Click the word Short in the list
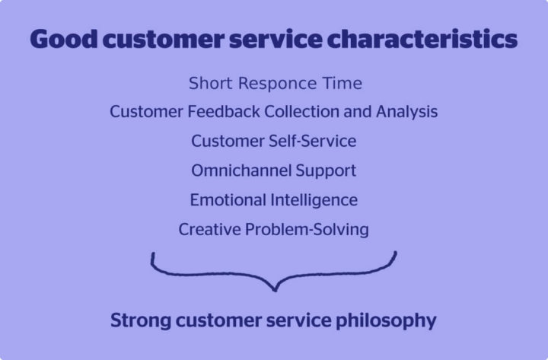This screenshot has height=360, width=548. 210,82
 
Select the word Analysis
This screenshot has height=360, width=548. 406,112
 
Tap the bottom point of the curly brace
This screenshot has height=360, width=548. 274,291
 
